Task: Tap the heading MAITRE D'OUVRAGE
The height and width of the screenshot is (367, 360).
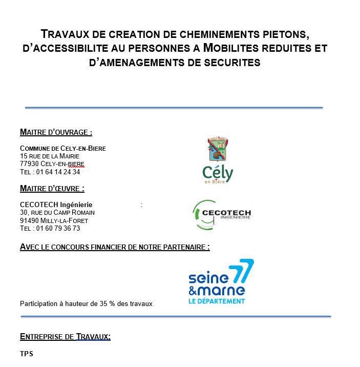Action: [x=56, y=132]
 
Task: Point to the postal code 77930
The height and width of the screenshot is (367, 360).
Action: [x=29, y=164]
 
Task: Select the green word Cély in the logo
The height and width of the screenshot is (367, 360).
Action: [x=218, y=173]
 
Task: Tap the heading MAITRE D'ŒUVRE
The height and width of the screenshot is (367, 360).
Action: [x=52, y=189]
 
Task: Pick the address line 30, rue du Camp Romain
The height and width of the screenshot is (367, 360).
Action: [x=57, y=213]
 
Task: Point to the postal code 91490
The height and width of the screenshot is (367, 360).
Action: [x=29, y=221]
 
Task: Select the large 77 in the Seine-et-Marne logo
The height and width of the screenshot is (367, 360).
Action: [x=241, y=271]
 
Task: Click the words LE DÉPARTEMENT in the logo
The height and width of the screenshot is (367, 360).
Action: [x=217, y=301]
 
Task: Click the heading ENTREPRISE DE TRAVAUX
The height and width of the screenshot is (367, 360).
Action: [x=65, y=337]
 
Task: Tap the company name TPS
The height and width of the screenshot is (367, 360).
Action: [x=26, y=354]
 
